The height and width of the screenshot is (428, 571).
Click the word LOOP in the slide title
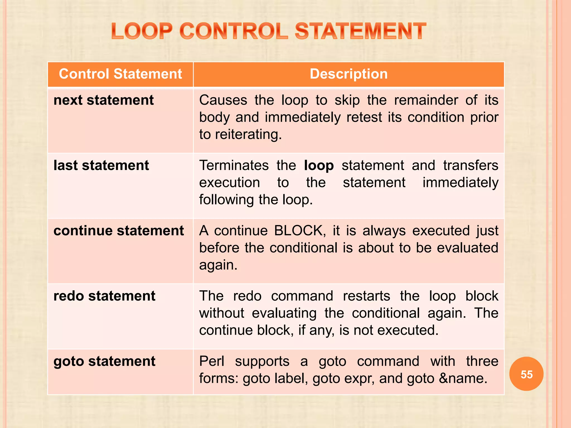pyautogui.click(x=142, y=31)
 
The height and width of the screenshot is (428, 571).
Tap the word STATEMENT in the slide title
pyautogui.click(x=360, y=31)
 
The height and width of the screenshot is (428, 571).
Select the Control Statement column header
pyautogui.click(x=120, y=74)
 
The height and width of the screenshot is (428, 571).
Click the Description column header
pyautogui.click(x=349, y=74)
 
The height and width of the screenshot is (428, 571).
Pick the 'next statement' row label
pyautogui.click(x=103, y=100)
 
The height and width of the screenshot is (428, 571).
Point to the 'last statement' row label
pyautogui.click(x=101, y=166)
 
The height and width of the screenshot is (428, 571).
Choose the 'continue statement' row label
pyautogui.click(x=118, y=231)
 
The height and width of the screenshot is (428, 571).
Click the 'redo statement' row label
pyautogui.click(x=104, y=296)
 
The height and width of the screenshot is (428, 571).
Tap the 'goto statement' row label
pyautogui.click(x=104, y=361)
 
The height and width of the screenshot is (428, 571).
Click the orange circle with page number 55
pyautogui.click(x=526, y=374)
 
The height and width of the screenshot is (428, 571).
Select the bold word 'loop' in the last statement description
pyautogui.click(x=319, y=166)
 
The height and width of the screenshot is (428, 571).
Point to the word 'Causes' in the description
pyautogui.click(x=223, y=100)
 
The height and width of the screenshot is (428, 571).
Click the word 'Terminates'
pyautogui.click(x=234, y=166)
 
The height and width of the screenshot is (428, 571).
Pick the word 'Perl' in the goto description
pyautogui.click(x=212, y=361)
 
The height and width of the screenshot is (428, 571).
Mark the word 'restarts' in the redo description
pyautogui.click(x=366, y=296)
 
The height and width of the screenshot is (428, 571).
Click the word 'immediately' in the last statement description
pyautogui.click(x=460, y=183)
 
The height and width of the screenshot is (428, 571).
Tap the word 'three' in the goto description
pyautogui.click(x=482, y=361)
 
